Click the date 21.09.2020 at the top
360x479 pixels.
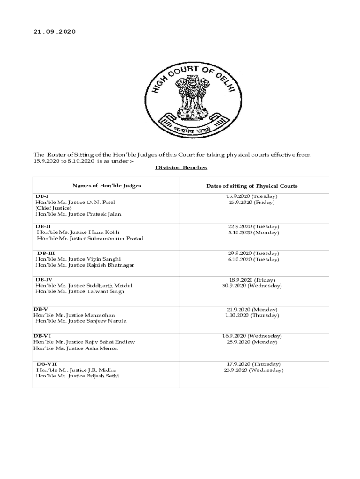coord(54,32)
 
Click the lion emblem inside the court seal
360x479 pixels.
coord(192,96)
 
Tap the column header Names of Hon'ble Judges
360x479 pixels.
coord(107,186)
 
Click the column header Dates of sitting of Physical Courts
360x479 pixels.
coord(252,186)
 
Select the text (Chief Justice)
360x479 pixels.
coord(53,208)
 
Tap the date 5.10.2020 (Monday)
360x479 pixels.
coord(253,232)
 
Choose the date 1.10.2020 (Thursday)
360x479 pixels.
coord(252,315)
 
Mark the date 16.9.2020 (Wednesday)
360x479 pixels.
coord(252,336)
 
